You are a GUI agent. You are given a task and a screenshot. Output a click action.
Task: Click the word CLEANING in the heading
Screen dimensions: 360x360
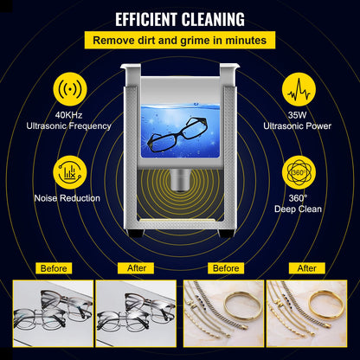tap(214, 18)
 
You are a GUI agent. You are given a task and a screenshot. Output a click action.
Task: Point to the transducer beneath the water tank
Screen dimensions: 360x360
tap(180, 180)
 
